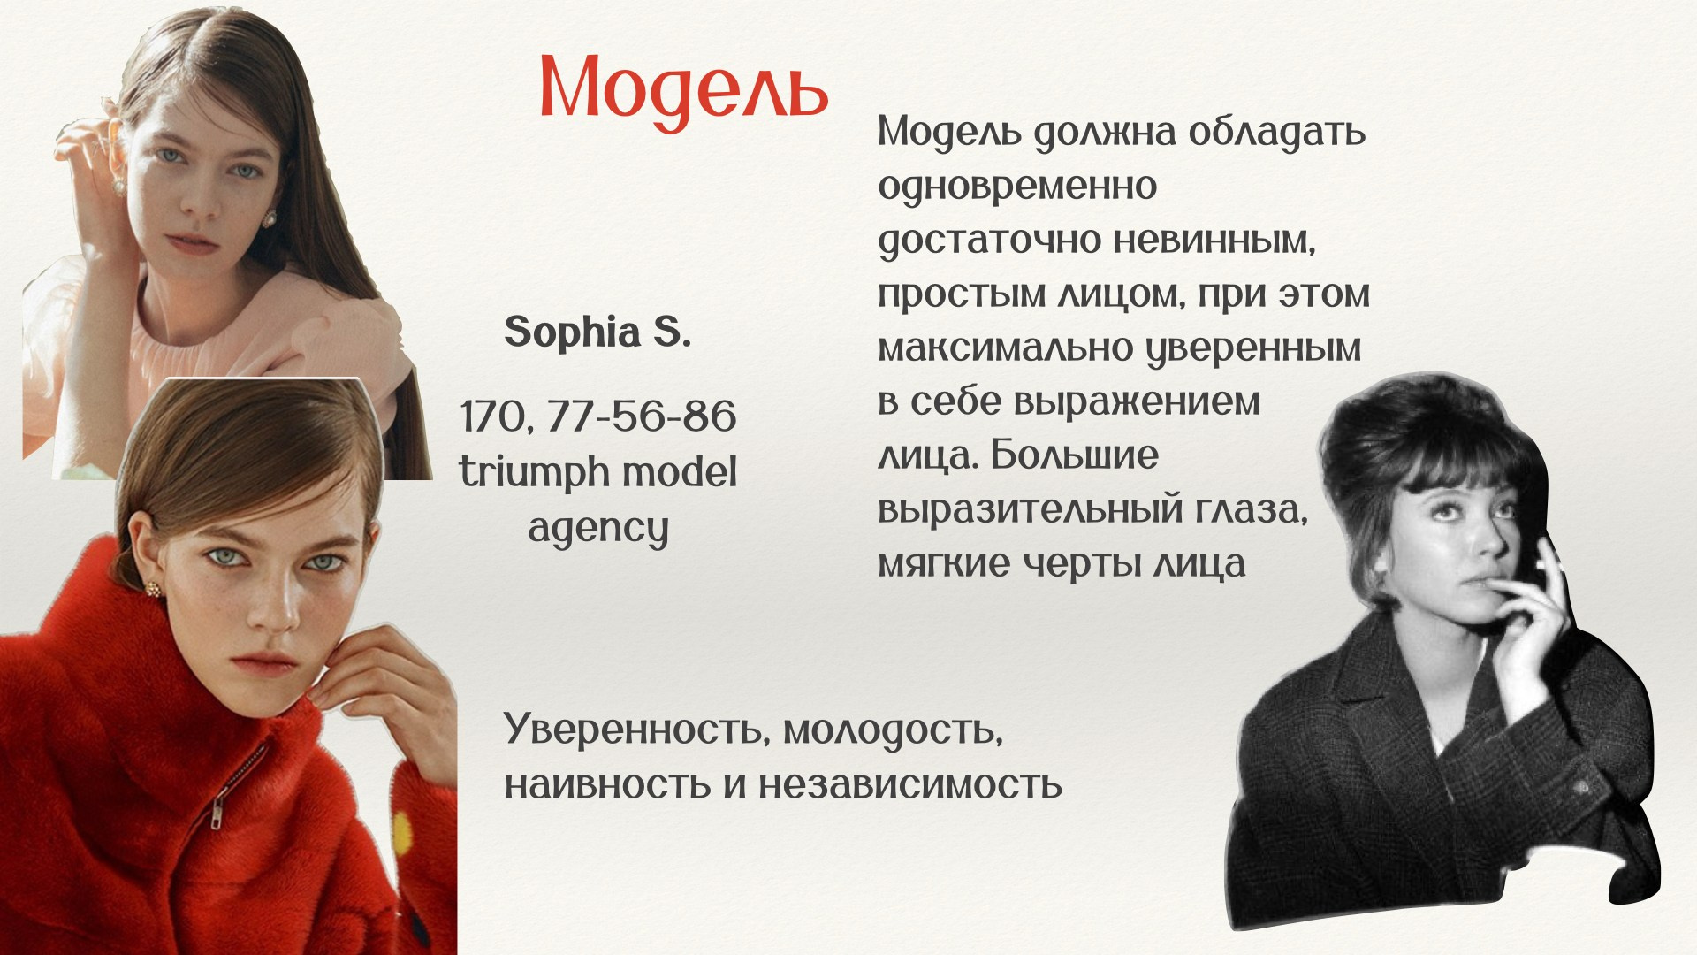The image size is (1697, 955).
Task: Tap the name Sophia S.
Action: click(597, 332)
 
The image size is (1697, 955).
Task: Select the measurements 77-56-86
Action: click(641, 416)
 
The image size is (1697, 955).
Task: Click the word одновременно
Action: click(1017, 187)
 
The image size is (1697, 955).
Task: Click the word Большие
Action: click(1074, 455)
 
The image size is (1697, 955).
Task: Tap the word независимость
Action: click(910, 785)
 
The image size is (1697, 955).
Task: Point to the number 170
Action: click(497, 417)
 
